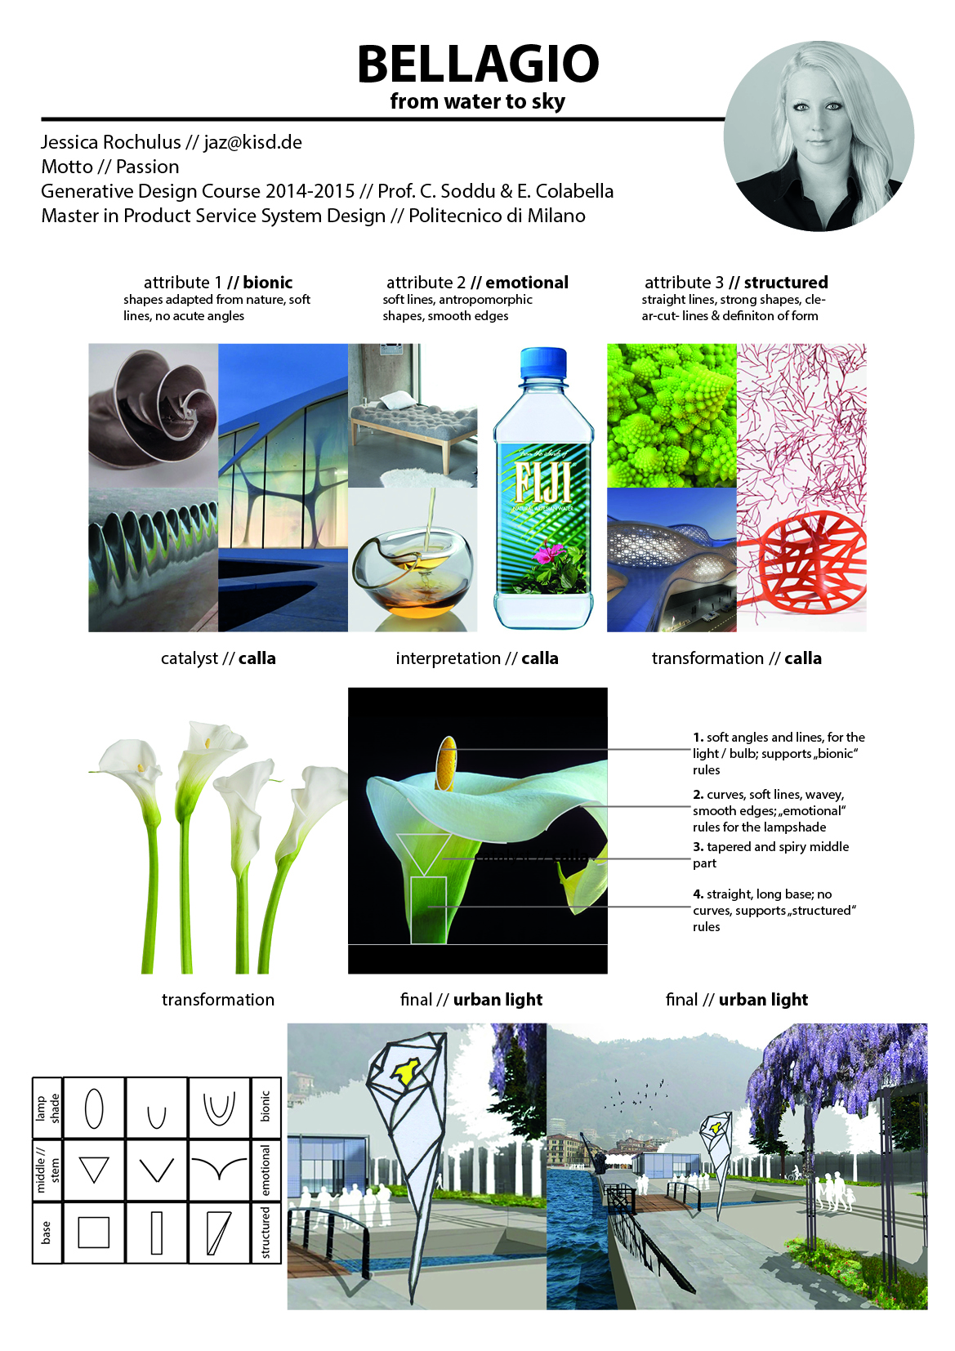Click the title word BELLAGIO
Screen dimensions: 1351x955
point(478,64)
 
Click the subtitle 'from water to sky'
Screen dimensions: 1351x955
point(477,101)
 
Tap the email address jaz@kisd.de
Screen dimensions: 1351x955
point(252,142)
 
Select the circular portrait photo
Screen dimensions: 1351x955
point(819,136)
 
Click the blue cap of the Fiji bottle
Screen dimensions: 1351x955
point(543,361)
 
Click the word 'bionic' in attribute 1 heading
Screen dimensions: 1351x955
point(267,283)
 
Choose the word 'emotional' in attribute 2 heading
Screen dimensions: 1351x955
point(527,283)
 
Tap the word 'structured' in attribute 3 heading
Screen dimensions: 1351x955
point(785,283)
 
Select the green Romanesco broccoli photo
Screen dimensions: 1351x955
point(672,415)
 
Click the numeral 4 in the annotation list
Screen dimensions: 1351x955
point(698,894)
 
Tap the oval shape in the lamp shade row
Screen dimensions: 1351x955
point(94,1108)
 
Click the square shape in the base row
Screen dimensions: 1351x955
point(94,1232)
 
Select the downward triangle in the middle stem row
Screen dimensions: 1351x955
point(94,1170)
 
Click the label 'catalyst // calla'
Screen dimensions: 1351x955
point(218,658)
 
